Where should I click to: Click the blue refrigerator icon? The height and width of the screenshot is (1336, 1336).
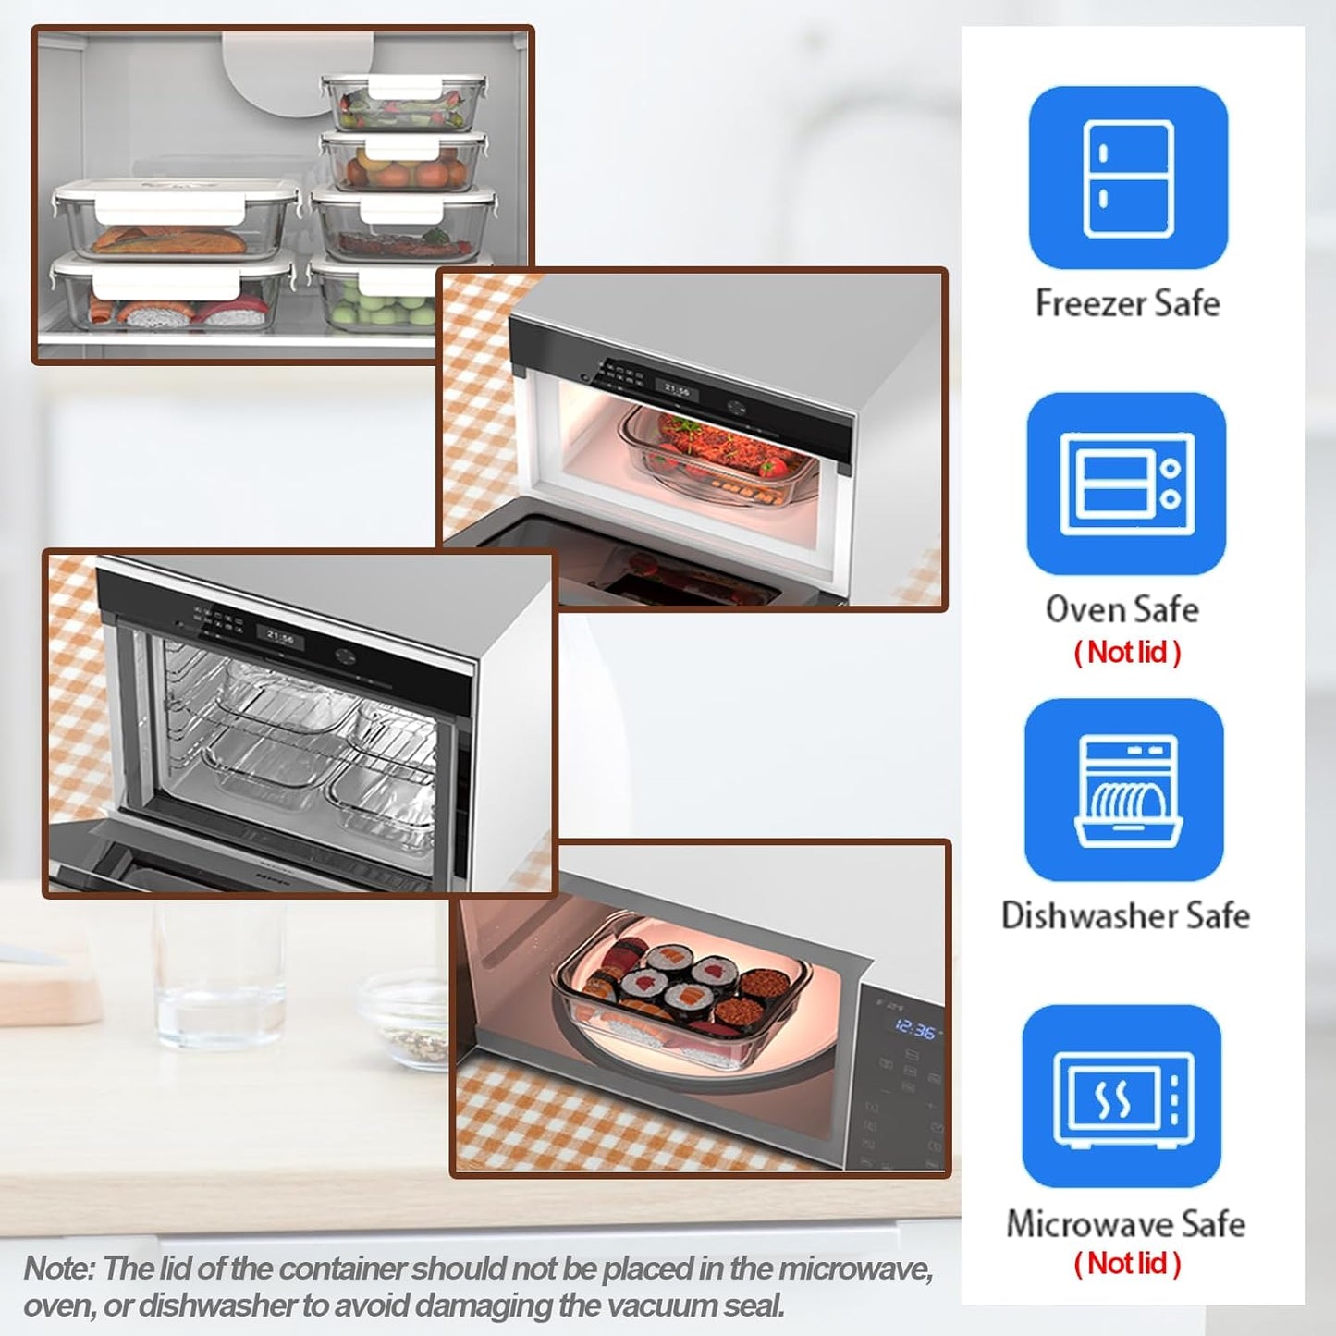1128,178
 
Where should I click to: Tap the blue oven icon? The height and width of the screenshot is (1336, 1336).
1126,484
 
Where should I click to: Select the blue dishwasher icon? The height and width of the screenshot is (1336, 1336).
1124,790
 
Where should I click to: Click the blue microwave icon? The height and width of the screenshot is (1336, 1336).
1122,1097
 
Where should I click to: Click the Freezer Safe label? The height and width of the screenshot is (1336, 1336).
1127,303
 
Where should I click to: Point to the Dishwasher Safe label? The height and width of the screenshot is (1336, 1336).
1125,915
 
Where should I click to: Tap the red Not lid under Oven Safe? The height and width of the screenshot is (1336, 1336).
1127,652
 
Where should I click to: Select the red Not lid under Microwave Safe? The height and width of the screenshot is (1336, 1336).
1127,1263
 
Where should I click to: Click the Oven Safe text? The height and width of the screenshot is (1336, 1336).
1122,609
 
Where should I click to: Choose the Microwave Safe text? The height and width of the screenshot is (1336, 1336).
1125,1223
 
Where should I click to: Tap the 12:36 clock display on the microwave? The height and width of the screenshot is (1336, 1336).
915,1030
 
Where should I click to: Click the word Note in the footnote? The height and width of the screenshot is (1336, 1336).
58,1269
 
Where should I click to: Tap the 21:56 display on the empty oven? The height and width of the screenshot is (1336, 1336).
280,637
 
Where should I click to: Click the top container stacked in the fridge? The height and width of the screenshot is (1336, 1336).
404,103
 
